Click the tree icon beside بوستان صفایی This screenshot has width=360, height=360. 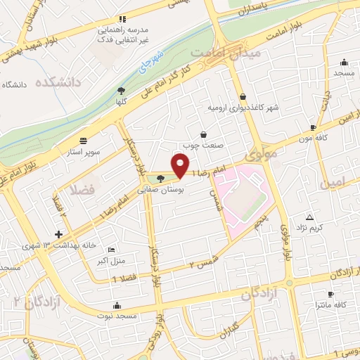(162, 178)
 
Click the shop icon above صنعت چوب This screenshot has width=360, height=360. (203, 134)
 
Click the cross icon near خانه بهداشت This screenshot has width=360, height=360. (58, 234)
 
